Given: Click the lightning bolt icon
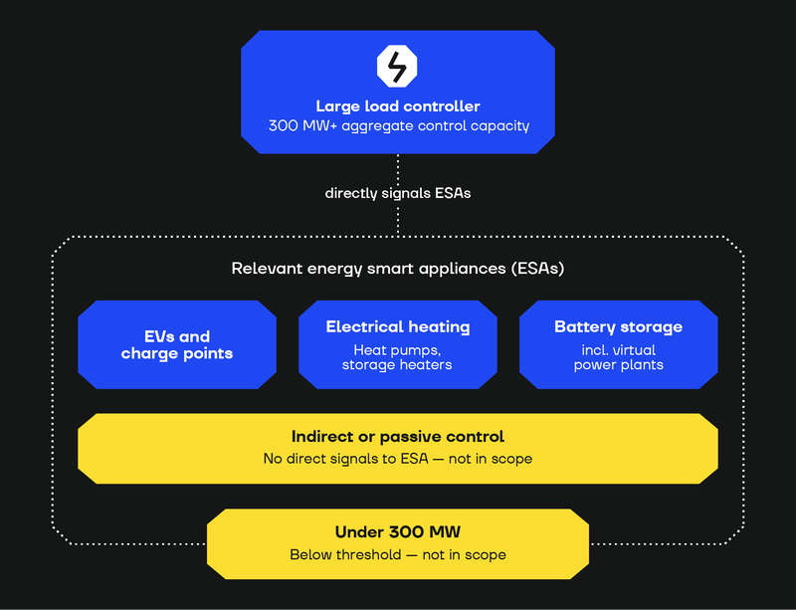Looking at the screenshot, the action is coord(397,66).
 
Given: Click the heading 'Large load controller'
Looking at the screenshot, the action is coord(398,106).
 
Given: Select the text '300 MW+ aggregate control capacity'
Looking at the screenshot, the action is coord(399,126).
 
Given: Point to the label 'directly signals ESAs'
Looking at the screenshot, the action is coord(398,193).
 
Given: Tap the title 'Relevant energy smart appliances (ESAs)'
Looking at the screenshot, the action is coord(398,268).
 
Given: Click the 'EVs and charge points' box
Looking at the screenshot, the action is coord(177,345).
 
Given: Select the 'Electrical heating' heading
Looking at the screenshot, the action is coord(398,327).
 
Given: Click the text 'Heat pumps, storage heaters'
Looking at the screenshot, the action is coord(397,357).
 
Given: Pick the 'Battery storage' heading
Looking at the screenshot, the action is coord(618,327).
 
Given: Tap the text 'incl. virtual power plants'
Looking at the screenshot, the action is coord(618,357).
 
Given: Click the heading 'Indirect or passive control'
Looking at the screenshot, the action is coord(398,437).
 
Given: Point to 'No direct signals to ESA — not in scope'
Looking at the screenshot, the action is coord(398,459).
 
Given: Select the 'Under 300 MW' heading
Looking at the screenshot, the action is coord(398,532).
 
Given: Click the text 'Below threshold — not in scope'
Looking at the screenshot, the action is coord(398,554).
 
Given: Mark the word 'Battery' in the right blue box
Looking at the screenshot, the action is coord(583,327).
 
